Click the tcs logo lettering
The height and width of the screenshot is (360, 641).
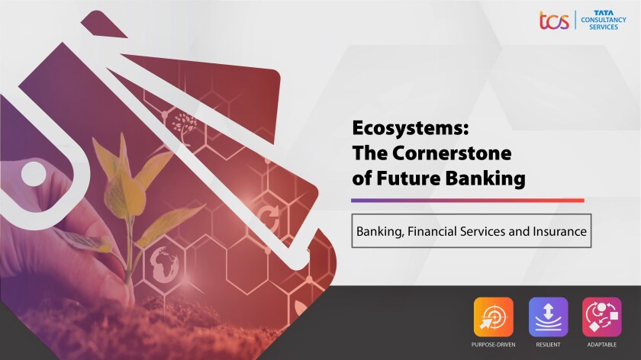(x=554, y=21)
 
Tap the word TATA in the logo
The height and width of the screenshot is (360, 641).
(x=604, y=13)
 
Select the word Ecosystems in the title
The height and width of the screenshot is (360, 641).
(x=410, y=128)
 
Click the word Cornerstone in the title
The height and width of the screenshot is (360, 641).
(x=452, y=153)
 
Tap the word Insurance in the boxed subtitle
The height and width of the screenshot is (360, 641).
(x=559, y=231)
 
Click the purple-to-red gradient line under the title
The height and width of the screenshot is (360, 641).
(x=468, y=201)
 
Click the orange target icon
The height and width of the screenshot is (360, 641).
(x=494, y=317)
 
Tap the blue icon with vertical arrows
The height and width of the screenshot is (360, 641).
(x=548, y=317)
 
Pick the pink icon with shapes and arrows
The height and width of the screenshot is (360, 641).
(x=602, y=317)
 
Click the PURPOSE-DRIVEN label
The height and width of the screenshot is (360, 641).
(x=494, y=345)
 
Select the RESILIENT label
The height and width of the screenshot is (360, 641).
(x=548, y=345)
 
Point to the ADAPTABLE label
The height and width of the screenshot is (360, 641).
(x=602, y=345)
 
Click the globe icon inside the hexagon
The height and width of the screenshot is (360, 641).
(x=164, y=264)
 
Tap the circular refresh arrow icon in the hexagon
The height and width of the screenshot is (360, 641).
(x=268, y=219)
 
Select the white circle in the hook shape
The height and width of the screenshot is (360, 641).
(x=34, y=174)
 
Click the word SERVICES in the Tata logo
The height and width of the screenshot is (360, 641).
(x=604, y=27)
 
